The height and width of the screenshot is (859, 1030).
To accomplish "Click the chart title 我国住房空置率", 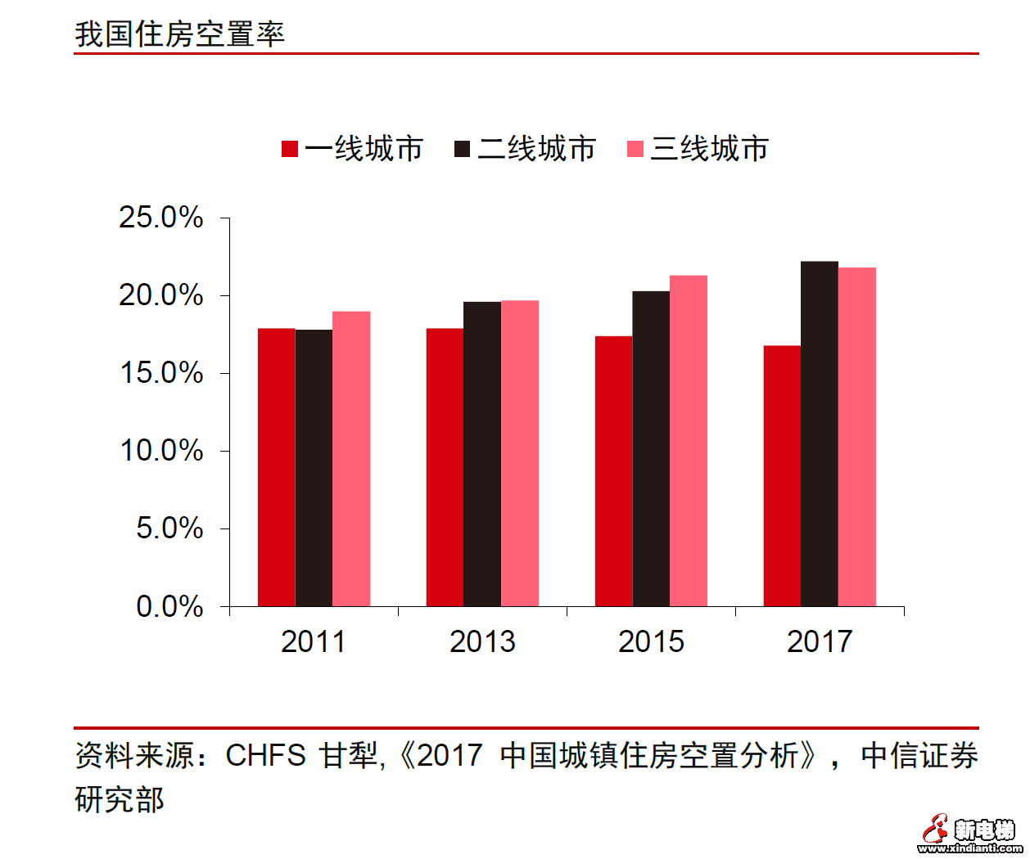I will (179, 34).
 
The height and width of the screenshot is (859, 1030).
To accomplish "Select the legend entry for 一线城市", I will (352, 149).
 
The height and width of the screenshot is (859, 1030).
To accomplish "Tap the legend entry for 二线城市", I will (525, 149).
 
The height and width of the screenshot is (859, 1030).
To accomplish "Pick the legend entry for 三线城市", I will (698, 149).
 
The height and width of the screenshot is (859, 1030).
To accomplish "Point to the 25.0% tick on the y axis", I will (161, 218).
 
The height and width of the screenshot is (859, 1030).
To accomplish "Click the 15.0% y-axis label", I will (161, 373).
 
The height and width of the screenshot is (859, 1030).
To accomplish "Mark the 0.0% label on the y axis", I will (169, 606).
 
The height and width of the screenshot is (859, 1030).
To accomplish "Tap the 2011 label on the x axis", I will (313, 641).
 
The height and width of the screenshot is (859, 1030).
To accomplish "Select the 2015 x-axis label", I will (651, 641).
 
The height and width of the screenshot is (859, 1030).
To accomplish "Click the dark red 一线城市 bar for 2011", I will (276, 467).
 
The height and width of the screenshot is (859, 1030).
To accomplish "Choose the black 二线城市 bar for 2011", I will (314, 468).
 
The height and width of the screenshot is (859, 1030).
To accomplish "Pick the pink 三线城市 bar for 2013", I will (520, 453).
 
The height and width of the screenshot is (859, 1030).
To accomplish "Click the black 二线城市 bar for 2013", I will (482, 454).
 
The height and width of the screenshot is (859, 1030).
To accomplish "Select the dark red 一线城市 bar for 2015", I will (613, 471).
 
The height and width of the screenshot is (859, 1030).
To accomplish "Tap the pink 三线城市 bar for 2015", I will (689, 441).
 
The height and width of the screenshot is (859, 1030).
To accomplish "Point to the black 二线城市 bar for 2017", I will (820, 434).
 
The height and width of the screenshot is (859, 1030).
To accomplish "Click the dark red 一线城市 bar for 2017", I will (782, 476).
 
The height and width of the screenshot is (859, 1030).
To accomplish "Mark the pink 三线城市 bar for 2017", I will (857, 437).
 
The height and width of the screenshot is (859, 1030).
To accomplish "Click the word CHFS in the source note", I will (265, 755).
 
